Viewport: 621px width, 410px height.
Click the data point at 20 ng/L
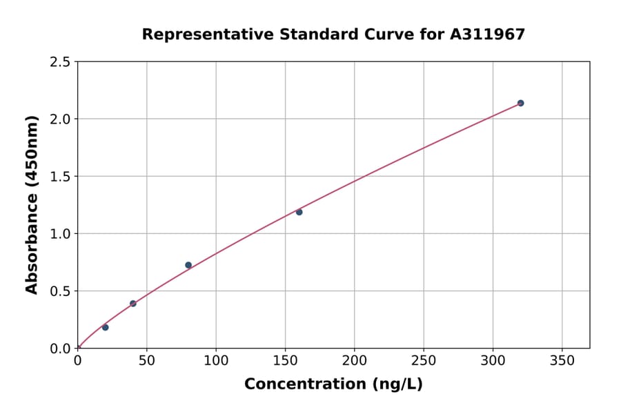point(105,327)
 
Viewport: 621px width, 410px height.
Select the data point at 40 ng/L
point(133,304)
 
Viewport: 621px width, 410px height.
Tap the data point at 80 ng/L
point(188,265)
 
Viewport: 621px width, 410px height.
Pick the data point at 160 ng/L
point(299,212)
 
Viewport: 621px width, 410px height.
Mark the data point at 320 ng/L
point(520,103)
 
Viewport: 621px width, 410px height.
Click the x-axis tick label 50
point(146,360)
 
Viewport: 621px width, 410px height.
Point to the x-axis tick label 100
point(216,360)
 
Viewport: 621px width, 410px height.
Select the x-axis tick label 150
point(285,360)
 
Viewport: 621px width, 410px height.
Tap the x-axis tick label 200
point(354,360)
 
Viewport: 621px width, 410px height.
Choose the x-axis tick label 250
point(424,360)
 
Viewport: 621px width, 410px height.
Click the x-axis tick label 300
point(493,360)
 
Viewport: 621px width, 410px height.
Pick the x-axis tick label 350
point(562,360)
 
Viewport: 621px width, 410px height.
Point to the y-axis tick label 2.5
point(60,62)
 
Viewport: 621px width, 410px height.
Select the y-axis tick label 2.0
point(60,119)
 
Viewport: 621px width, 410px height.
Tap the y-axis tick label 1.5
point(60,177)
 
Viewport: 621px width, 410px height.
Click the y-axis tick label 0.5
point(60,291)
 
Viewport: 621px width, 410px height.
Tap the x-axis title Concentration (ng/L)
point(333,384)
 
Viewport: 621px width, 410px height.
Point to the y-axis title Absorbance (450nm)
point(32,205)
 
